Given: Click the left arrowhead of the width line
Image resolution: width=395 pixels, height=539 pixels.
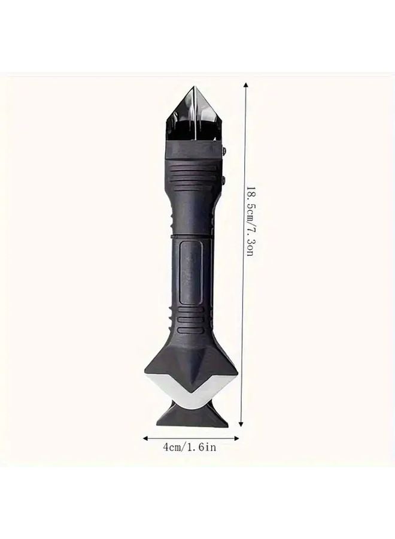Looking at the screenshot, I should (145, 438).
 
